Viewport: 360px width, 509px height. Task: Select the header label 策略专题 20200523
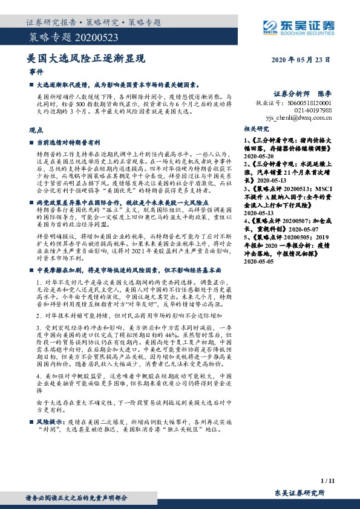tap(58, 39)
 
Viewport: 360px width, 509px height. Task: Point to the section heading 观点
tap(36, 130)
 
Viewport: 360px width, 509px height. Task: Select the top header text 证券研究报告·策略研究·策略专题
tap(93, 22)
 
